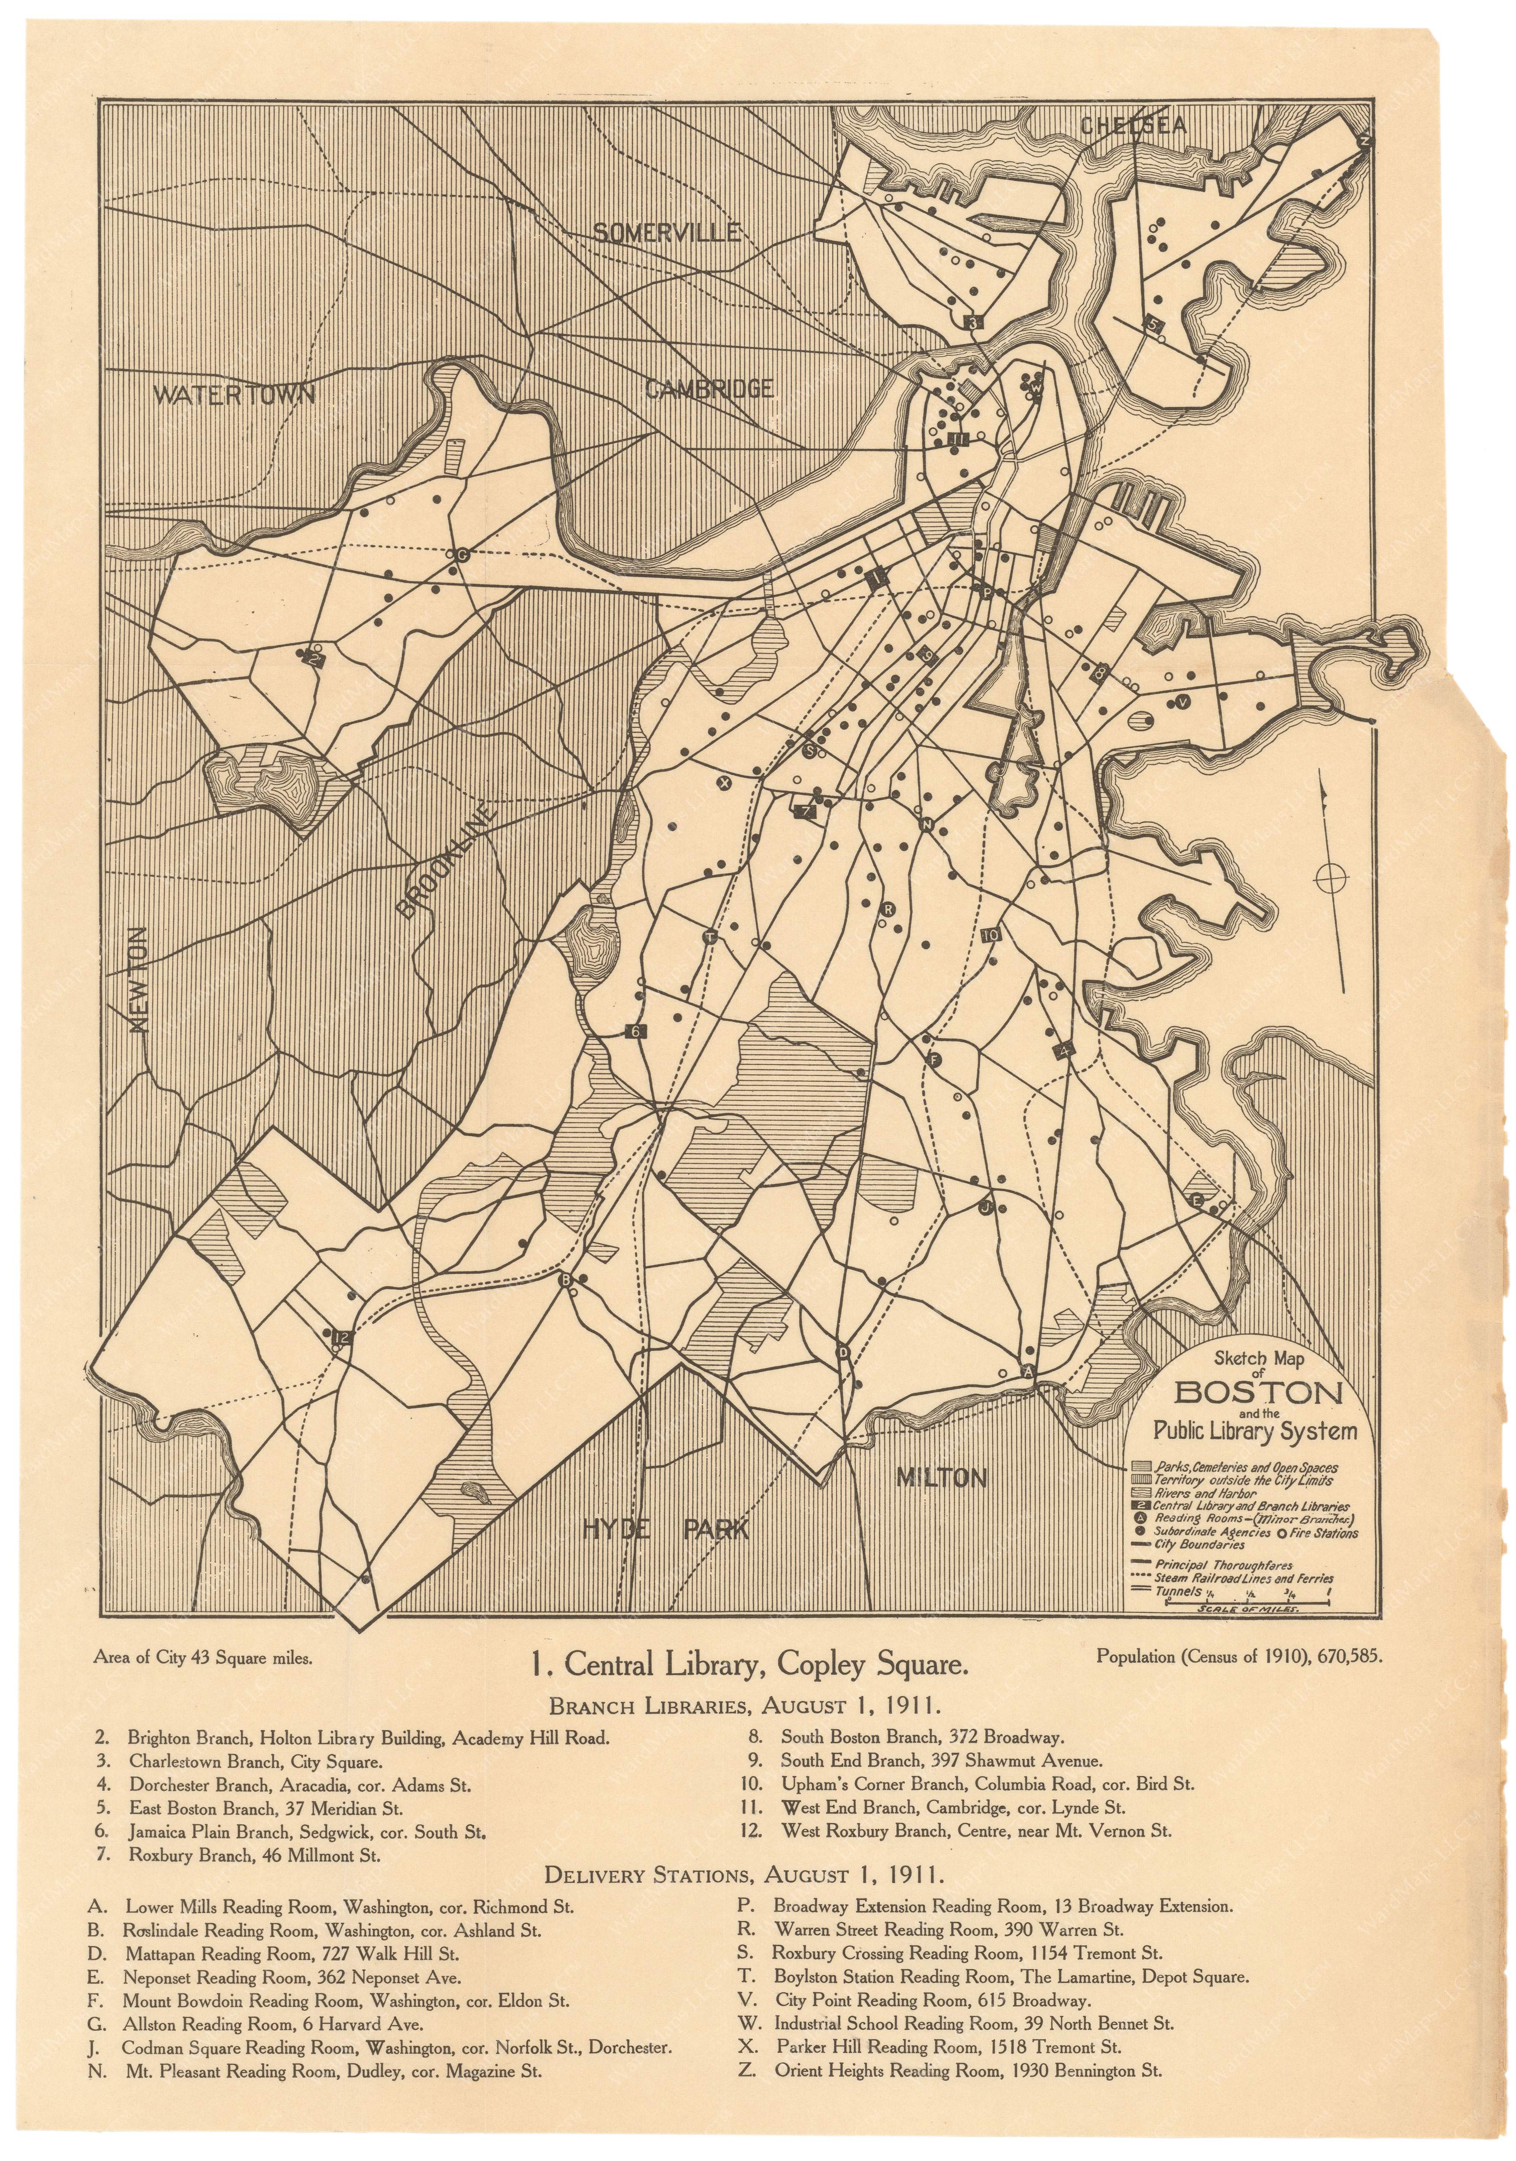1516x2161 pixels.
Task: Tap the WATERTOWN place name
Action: pyautogui.click(x=234, y=394)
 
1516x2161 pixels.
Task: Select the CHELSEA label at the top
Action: pyautogui.click(x=1133, y=125)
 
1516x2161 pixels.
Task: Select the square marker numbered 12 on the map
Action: pyautogui.click(x=340, y=1337)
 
